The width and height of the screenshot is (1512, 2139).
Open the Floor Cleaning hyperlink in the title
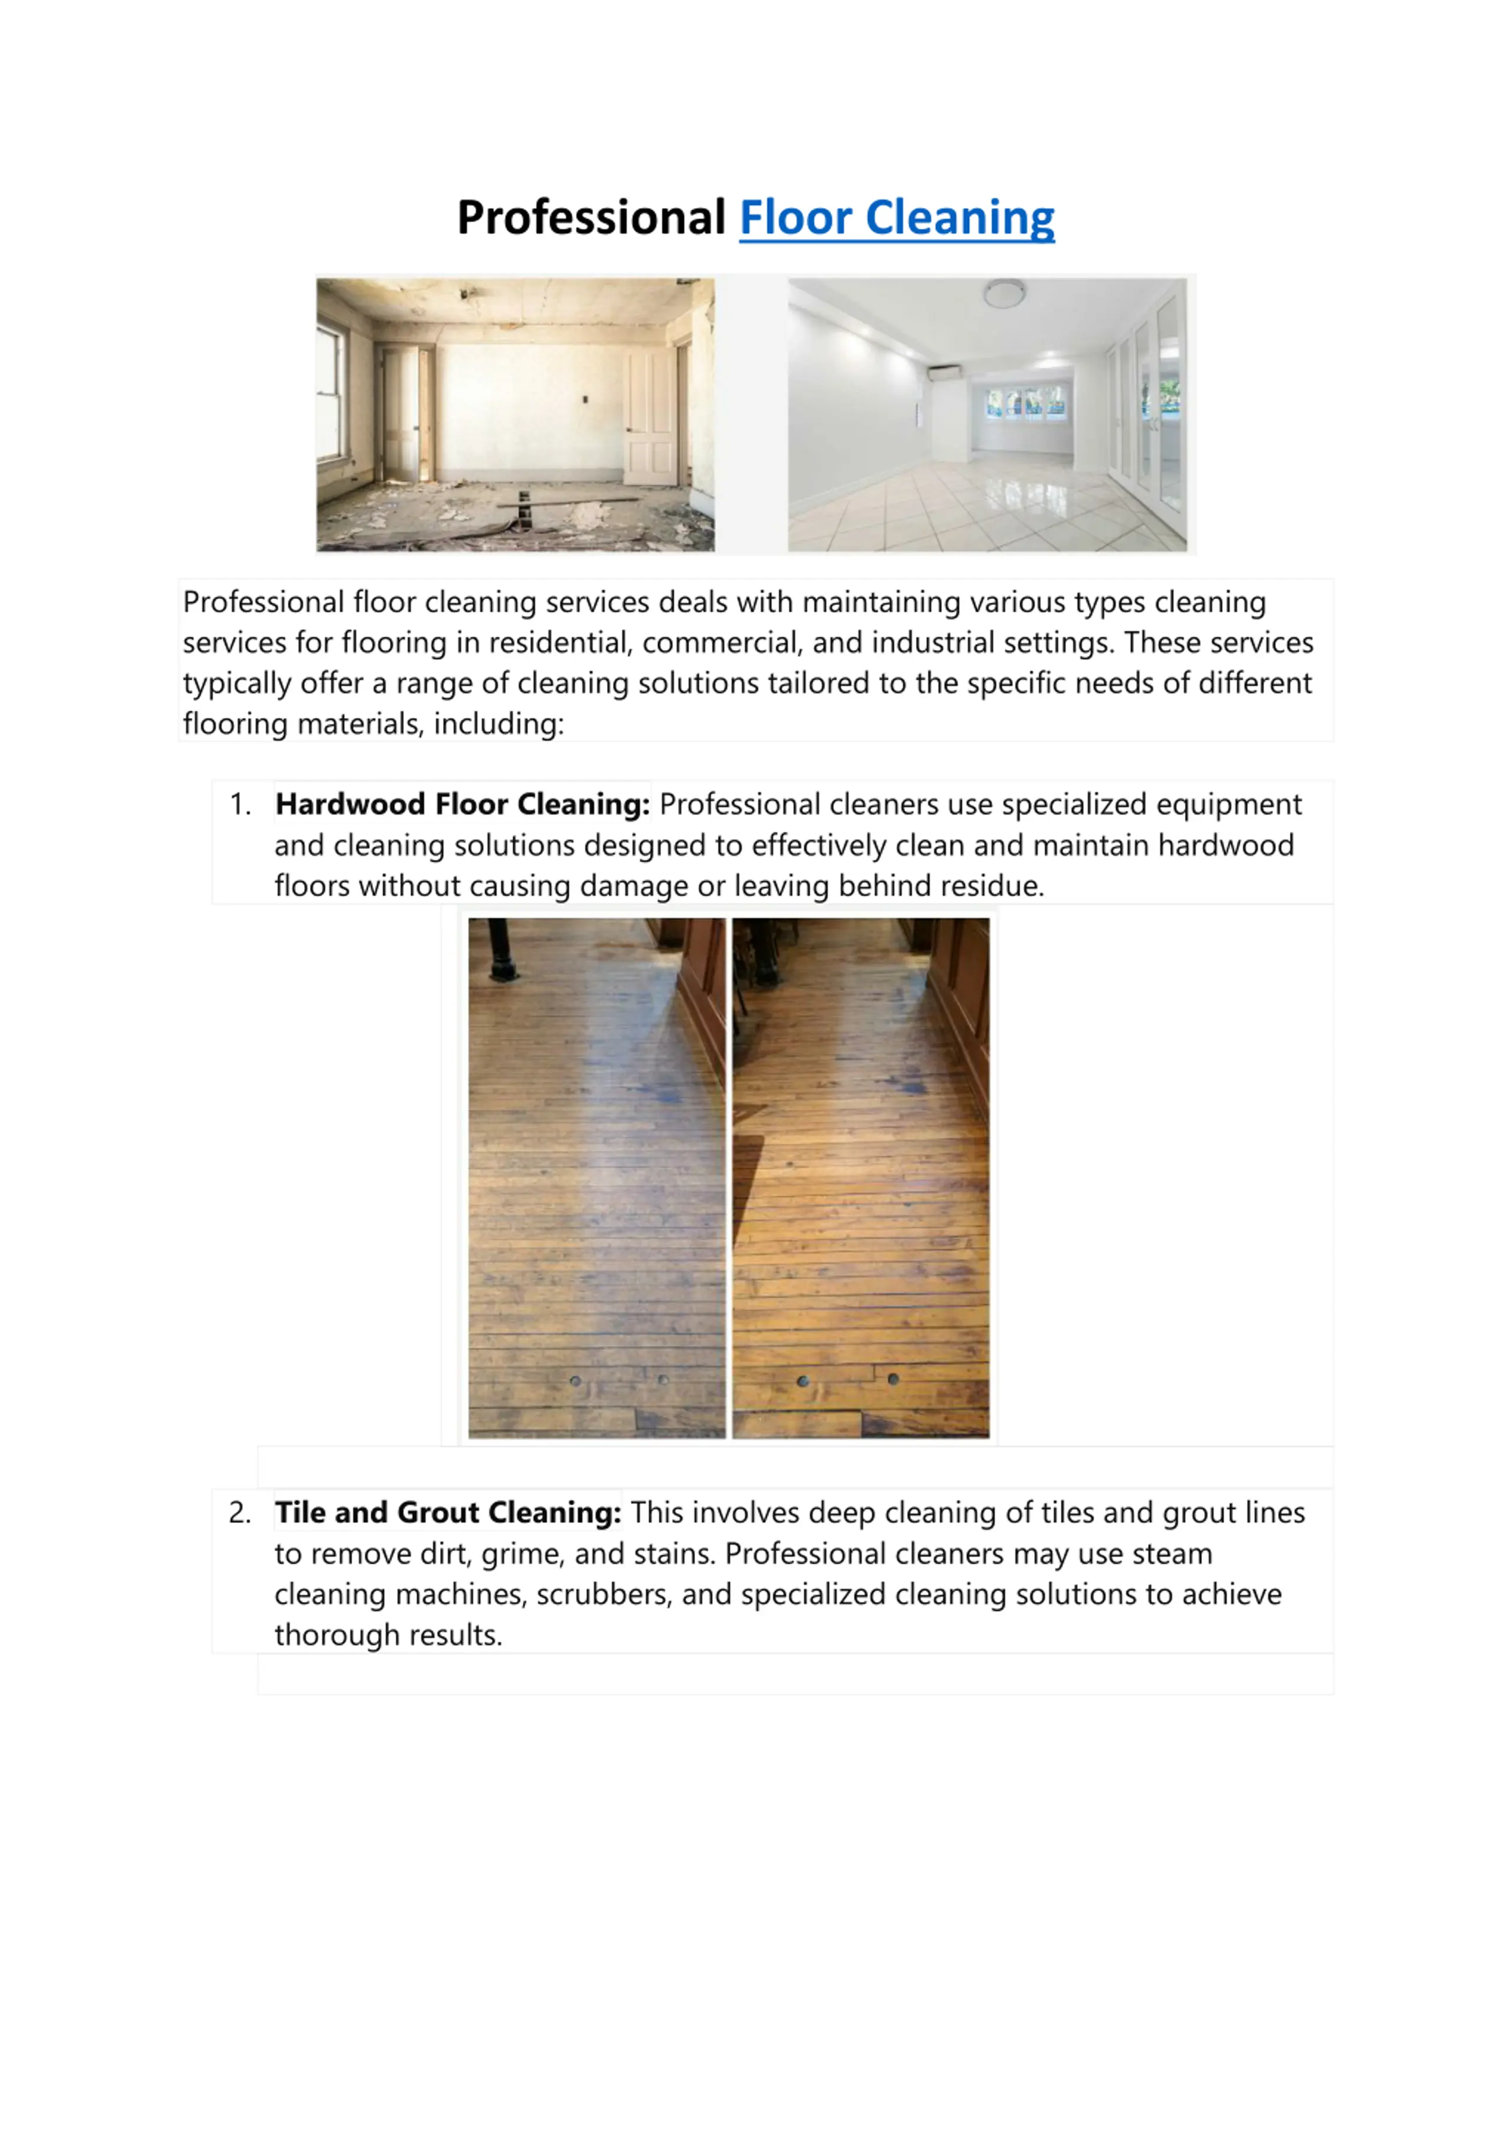(896, 218)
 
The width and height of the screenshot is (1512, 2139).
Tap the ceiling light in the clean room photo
(1004, 294)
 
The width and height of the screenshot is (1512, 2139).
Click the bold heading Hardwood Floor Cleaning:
(462, 804)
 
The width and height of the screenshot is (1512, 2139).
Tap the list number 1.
(240, 804)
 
